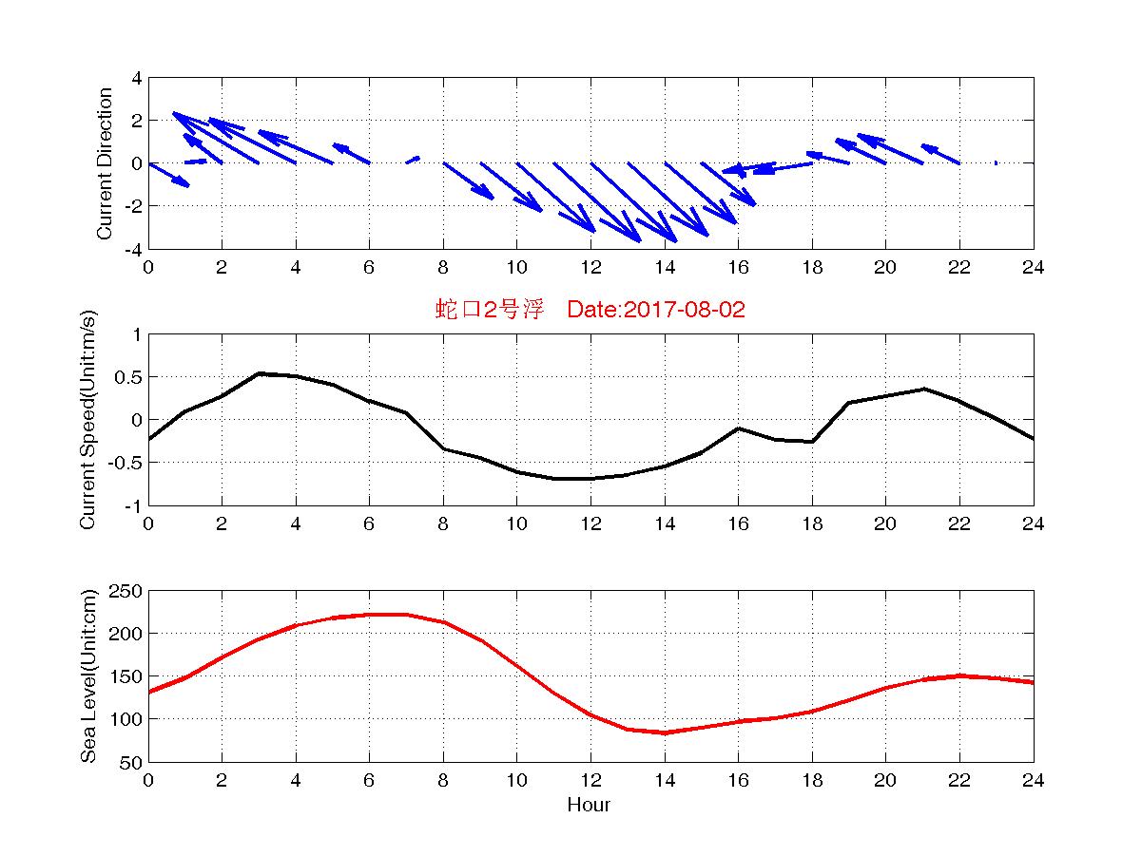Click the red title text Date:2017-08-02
coord(656,310)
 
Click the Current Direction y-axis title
coord(105,163)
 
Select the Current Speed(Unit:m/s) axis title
coord(88,420)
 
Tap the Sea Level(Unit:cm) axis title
coord(88,676)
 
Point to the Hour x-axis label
coord(589,806)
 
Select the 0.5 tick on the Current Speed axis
coord(126,377)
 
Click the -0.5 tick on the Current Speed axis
coord(124,463)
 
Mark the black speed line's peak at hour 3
coord(259,373)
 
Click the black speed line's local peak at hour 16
coord(738,428)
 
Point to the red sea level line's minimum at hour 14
coord(664,732)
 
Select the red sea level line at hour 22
coord(959,675)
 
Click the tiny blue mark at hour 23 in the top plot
coord(996,162)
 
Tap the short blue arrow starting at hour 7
coord(413,160)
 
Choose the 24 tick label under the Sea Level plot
coord(1033,781)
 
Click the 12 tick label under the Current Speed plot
coord(590,524)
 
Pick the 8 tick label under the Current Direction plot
coord(443,268)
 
